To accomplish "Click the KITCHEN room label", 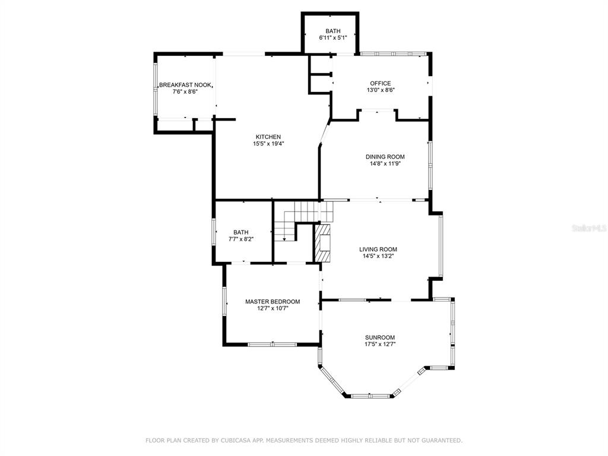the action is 268,137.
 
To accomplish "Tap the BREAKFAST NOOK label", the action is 185,85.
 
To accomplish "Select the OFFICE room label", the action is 381,83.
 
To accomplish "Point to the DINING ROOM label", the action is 385,157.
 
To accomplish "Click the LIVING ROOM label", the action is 378,249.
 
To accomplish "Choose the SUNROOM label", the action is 379,337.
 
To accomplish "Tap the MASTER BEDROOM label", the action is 273,302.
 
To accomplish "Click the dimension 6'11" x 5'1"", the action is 332,38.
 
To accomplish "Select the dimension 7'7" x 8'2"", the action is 241,239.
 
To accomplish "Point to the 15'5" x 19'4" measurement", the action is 268,144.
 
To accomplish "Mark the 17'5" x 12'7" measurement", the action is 380,344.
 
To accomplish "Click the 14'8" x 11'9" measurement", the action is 385,164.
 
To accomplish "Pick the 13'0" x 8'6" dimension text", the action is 381,90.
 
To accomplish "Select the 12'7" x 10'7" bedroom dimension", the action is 273,309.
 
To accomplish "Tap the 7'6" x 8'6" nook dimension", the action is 185,92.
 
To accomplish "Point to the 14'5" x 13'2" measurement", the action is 378,256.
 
